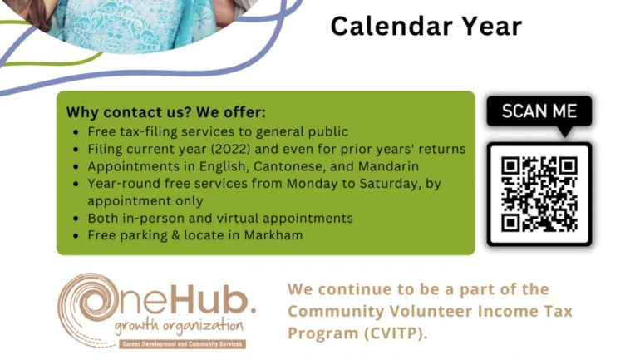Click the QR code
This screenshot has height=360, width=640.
pos(539,195)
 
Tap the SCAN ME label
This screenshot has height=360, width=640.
pos(539,111)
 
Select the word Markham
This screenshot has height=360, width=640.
pos(273,235)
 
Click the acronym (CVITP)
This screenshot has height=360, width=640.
pos(396,333)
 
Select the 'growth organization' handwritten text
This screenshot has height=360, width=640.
pos(179,327)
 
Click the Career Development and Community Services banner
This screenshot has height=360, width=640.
pos(183,344)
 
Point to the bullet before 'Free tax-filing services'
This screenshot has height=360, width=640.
pos(76,132)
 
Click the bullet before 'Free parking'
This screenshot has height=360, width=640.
pos(76,236)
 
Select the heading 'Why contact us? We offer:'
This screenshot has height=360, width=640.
pos(165,112)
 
